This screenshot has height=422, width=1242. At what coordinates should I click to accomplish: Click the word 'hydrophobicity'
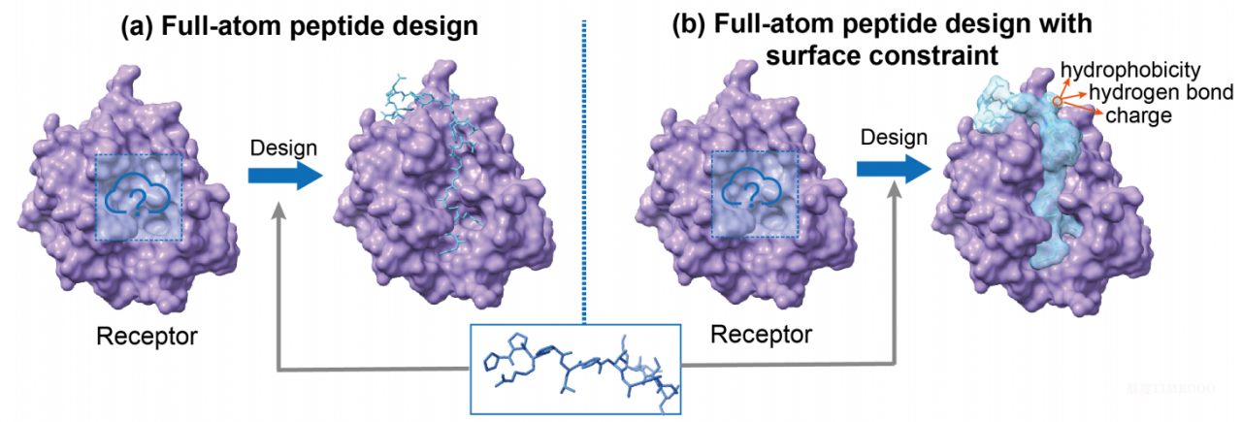pos(1130,71)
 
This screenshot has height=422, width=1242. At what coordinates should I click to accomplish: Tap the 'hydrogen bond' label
pos(1161,92)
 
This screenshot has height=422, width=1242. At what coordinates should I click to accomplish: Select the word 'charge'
pos(1138,115)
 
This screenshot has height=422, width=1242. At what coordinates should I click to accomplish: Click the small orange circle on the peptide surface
pos(1058,102)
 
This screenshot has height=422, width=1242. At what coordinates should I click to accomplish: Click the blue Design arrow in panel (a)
pos(285,176)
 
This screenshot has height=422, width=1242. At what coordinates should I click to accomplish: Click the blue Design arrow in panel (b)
pos(894,169)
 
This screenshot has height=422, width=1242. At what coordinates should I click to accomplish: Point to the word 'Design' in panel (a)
pos(283,148)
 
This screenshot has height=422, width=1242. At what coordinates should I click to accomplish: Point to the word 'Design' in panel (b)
pos(894,138)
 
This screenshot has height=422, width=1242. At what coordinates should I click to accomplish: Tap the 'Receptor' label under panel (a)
pos(147,336)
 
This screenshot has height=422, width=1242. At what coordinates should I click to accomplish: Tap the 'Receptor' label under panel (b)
pos(761,335)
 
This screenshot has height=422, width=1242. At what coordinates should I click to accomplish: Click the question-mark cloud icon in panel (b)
pos(752,189)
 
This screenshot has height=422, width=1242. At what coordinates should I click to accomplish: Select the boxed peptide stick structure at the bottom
pos(575,370)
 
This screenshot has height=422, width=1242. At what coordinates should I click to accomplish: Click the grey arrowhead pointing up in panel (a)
pos(280,211)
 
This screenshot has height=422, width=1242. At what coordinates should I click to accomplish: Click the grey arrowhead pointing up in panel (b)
pos(894,190)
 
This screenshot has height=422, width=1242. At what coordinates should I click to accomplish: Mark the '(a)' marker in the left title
pos(137,26)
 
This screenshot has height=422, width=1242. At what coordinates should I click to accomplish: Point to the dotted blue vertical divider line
pos(584,172)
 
